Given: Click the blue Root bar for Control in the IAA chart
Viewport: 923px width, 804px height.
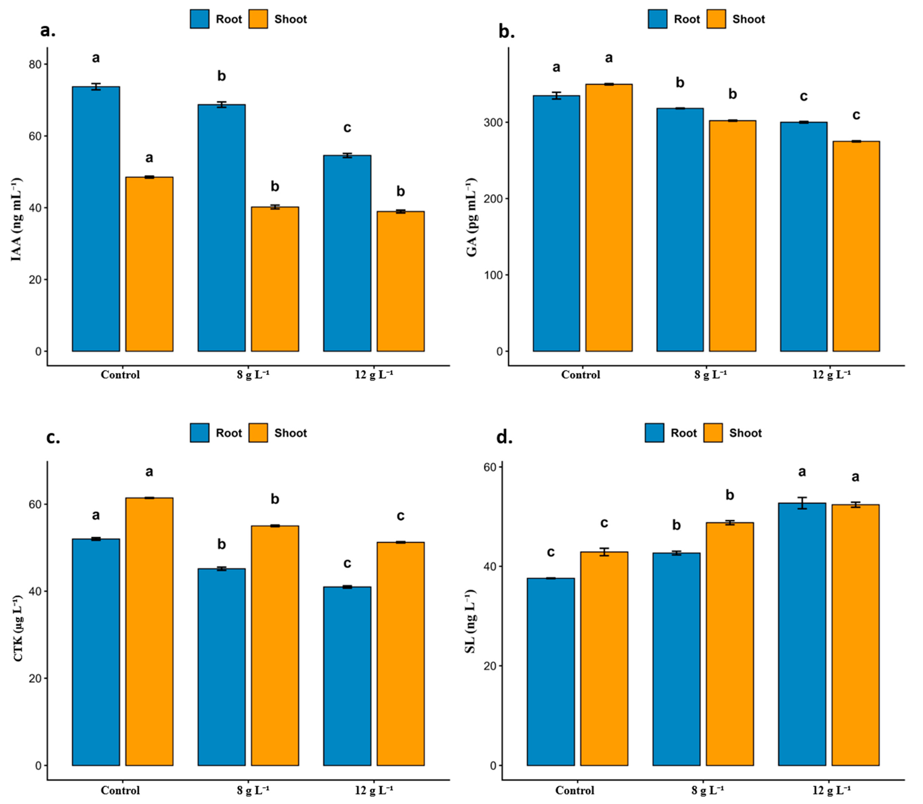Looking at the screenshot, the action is point(96,219).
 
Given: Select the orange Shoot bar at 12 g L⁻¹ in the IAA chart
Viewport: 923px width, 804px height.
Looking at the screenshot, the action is point(400,281).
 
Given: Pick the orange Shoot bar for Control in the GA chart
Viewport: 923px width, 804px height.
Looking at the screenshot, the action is point(609,218).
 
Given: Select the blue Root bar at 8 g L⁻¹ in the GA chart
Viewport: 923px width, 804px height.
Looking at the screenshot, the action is point(680,230).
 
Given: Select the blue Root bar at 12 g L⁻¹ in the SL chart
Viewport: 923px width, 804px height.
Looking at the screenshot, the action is point(802,634).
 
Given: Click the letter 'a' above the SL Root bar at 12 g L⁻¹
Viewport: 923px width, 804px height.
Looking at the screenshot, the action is point(802,471).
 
